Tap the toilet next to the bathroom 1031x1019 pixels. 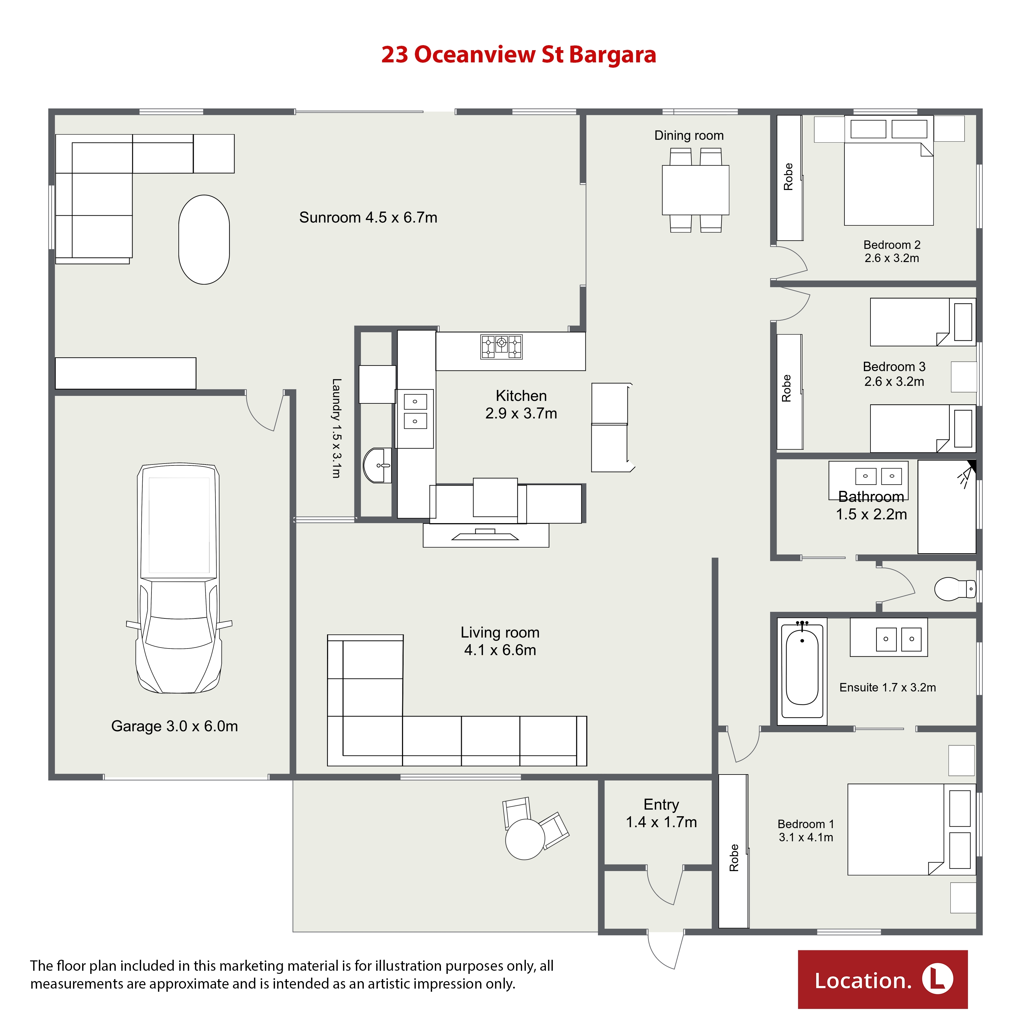click(955, 588)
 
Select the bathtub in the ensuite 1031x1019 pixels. click(802, 671)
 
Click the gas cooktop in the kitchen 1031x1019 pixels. click(501, 346)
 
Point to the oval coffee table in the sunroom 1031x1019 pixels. click(204, 239)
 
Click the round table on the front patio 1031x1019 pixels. click(525, 839)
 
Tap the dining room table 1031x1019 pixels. click(695, 190)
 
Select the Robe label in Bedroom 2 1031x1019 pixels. click(788, 176)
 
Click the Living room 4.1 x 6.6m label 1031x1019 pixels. click(500, 641)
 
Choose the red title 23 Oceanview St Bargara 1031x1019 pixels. click(518, 55)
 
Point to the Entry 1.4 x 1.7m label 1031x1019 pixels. click(661, 813)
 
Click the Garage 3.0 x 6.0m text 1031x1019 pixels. click(175, 726)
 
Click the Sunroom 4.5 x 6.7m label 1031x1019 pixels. click(368, 218)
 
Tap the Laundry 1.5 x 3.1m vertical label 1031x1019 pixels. click(336, 428)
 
